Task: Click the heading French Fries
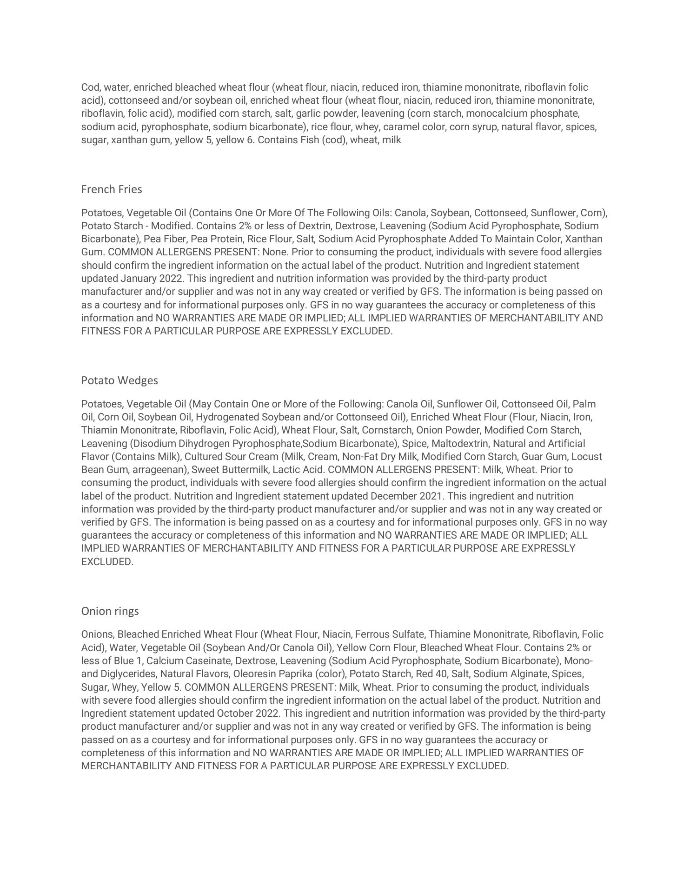click(x=112, y=189)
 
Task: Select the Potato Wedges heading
click(x=119, y=380)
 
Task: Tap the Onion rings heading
click(x=110, y=611)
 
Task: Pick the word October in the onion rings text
click(x=234, y=713)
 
